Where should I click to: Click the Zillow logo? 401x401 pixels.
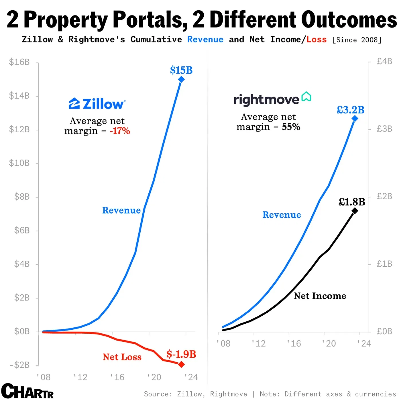tap(97, 104)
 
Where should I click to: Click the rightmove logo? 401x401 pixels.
tap(272, 99)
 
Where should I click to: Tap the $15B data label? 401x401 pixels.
tap(181, 70)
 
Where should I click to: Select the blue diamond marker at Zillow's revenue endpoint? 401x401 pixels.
tap(181, 80)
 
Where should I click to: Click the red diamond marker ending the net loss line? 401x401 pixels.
tap(181, 364)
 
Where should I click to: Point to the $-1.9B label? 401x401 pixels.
tap(181, 354)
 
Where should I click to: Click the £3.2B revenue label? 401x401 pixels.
tap(350, 110)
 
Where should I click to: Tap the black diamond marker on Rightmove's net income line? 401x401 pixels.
tap(355, 211)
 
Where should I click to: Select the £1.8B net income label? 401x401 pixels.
tap(352, 202)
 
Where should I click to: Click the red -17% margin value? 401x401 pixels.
tap(120, 131)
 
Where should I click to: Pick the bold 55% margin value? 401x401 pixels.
tap(291, 127)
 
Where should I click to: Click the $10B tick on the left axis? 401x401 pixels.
tap(19, 163)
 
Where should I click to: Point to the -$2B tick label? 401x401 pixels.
tap(19, 365)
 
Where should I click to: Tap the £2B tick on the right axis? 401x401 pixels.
tap(384, 196)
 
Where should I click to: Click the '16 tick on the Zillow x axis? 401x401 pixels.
tap(117, 377)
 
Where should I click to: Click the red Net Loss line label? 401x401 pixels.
tap(122, 357)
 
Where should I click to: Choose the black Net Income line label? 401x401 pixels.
tap(320, 296)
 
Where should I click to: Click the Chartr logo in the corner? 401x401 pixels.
tap(27, 391)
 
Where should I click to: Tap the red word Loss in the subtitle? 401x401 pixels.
tap(317, 40)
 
